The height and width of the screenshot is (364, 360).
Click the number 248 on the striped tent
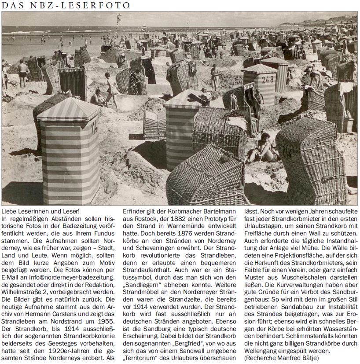267,80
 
